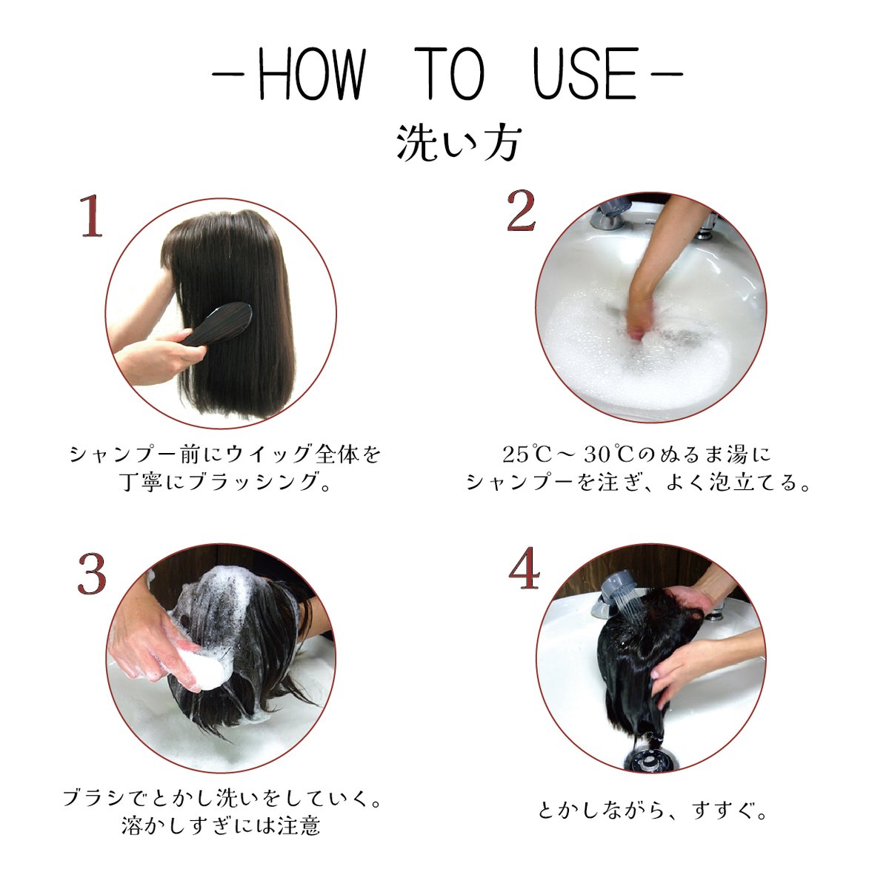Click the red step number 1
[91, 216]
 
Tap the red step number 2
[521, 212]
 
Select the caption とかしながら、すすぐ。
[653, 811]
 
